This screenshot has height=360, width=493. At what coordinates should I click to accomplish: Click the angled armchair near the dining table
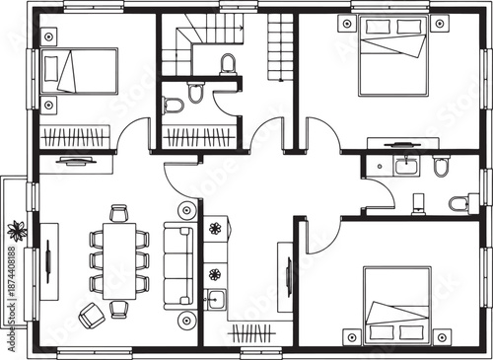tap(91, 316)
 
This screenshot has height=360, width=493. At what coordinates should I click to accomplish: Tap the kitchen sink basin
tap(214, 298)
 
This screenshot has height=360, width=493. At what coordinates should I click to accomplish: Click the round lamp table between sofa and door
tap(186, 210)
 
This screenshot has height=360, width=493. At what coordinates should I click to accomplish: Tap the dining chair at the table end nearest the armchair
tap(119, 309)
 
